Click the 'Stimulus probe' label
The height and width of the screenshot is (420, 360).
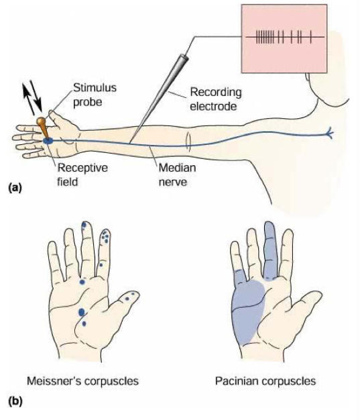95,95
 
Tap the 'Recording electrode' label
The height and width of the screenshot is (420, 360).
216,99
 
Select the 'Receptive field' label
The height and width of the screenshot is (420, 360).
82,174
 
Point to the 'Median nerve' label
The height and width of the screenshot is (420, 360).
177,174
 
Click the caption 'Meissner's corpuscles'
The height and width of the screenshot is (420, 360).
82,380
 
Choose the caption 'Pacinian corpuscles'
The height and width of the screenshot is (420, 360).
265,380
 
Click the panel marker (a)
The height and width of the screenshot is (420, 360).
15,187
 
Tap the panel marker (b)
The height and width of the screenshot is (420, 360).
15,401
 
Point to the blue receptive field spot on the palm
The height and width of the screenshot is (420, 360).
48,141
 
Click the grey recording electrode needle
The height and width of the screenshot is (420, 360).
158,99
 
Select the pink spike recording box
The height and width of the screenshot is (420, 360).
284,38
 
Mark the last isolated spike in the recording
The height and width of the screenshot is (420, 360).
310,37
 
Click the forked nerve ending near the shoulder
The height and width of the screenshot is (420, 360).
329,132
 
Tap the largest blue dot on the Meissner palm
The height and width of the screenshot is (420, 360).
82,312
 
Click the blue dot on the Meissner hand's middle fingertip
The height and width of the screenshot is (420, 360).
84,225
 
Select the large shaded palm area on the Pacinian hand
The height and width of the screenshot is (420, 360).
247,311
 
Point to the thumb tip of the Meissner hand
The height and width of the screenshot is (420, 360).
135,295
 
